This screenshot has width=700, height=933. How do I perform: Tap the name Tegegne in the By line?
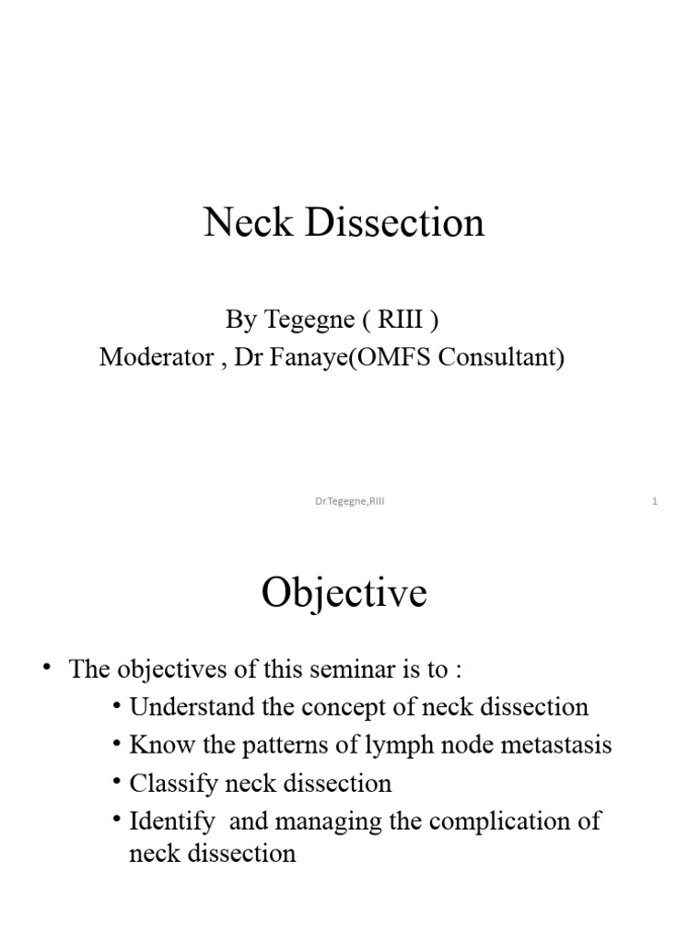point(304,321)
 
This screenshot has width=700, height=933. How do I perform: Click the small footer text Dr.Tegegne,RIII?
point(349,501)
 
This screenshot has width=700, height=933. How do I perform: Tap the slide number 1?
point(654,501)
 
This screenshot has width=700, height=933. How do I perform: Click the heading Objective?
point(344,594)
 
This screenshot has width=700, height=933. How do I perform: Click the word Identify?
point(172,821)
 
